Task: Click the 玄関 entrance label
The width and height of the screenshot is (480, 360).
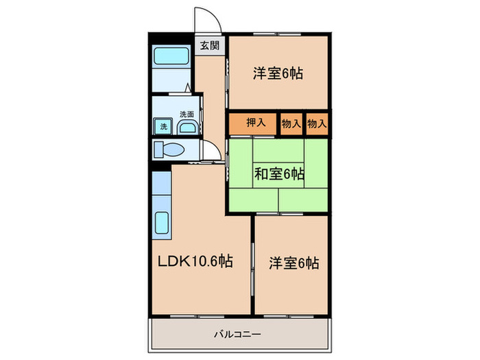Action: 209,46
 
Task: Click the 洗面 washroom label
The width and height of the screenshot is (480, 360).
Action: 187,114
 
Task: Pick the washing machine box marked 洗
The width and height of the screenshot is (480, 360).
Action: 163,126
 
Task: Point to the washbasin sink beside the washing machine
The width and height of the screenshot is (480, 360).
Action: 187,126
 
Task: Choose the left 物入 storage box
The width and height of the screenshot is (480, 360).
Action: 291,123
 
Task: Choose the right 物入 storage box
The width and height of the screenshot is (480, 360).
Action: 317,123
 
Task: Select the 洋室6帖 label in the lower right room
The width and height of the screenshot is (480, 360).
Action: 293,263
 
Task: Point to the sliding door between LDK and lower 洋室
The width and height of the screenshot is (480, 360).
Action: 253,264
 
